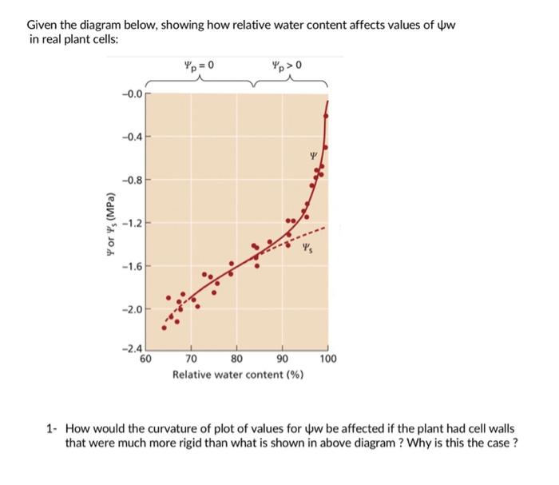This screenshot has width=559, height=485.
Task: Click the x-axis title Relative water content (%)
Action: (238, 374)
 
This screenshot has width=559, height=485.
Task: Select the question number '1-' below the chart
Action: (52, 429)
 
